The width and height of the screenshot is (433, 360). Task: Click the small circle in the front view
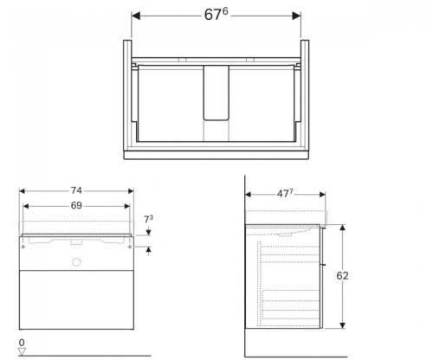[x=76, y=260]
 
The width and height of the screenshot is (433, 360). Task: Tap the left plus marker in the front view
[x=24, y=247]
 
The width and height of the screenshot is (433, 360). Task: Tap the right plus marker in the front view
[x=131, y=247]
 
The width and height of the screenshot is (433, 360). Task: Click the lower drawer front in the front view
[x=78, y=302]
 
